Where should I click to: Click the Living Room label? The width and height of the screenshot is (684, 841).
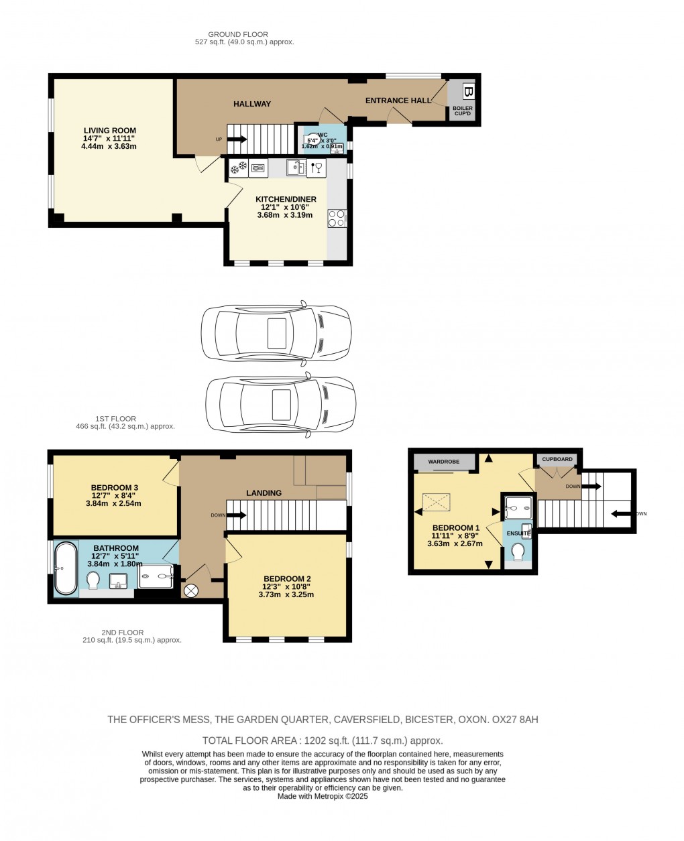(110, 131)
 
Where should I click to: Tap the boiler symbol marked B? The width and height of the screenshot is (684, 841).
(468, 92)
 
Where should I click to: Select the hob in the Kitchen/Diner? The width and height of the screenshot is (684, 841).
(337, 218)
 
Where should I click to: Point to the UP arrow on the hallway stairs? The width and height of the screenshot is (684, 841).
(237, 139)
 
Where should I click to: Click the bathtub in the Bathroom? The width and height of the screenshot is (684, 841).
(66, 568)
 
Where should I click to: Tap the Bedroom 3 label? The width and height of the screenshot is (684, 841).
(115, 487)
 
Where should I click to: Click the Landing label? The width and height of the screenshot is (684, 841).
(264, 493)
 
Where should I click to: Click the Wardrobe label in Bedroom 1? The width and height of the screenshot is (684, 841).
(444, 462)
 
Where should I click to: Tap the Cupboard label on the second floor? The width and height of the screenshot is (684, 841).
(557, 459)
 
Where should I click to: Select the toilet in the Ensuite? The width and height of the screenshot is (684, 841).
(518, 552)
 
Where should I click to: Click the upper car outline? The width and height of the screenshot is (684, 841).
(276, 333)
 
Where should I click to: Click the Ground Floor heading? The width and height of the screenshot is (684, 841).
(238, 34)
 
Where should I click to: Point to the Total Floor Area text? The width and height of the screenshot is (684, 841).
(323, 740)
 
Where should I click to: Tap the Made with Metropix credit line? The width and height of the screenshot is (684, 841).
(323, 796)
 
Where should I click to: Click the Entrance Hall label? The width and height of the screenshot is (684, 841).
(398, 101)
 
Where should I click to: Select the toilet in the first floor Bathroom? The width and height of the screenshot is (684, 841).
(93, 578)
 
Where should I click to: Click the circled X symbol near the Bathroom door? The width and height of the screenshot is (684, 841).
(191, 590)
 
